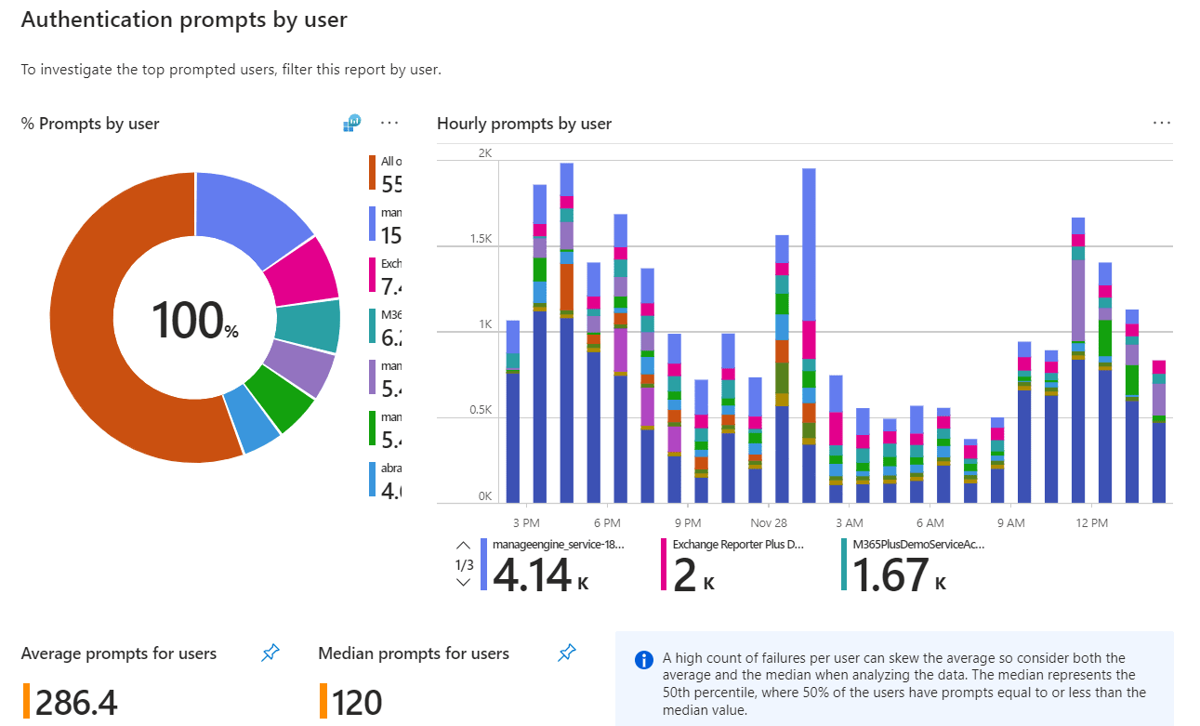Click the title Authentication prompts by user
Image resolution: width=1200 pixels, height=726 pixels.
point(184,20)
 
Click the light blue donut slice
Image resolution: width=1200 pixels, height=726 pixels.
point(253,417)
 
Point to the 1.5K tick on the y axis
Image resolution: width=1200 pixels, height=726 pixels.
point(480,239)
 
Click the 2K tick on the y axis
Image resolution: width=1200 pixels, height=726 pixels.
point(484,152)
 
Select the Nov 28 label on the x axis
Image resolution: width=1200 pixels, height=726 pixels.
point(768,523)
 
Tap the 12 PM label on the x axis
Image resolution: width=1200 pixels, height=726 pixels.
point(1091,523)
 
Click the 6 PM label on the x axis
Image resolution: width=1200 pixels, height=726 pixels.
point(607,523)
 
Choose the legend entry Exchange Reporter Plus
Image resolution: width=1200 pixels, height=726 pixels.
point(738,545)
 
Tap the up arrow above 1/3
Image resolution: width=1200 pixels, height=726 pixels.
point(463,546)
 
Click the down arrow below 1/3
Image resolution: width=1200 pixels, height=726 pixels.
point(463,583)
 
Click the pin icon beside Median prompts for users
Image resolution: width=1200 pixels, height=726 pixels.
point(566,654)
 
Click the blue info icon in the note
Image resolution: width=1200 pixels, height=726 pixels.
point(643,660)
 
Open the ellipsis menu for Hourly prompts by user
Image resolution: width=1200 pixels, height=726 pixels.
point(1161,124)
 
